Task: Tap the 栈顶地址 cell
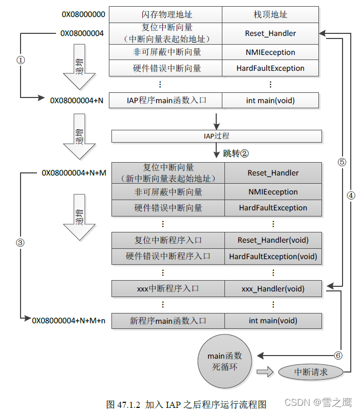270,14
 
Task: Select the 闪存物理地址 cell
165,14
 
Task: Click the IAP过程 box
216,136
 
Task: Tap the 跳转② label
236,153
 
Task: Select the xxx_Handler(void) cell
273,289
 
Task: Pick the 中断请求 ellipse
311,372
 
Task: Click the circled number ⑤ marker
342,161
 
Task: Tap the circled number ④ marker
351,195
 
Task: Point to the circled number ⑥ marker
337,355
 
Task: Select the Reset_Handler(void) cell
273,240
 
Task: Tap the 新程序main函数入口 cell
168,321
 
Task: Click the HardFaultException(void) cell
273,256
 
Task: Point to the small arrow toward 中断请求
265,372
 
